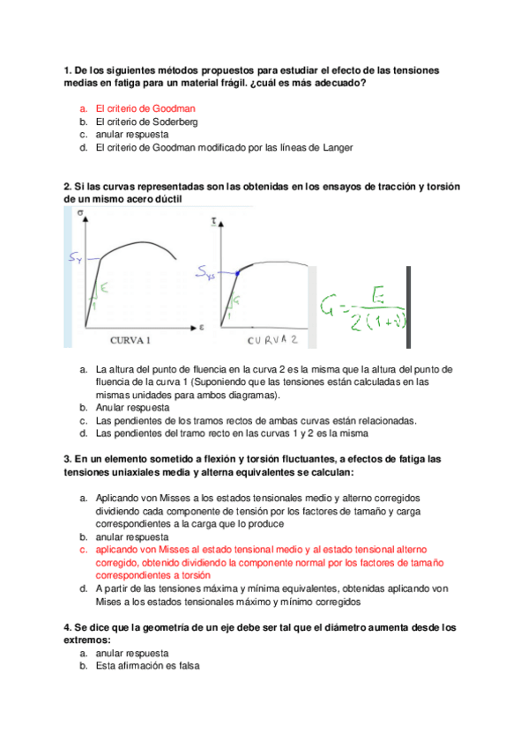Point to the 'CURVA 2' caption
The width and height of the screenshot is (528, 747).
(x=273, y=338)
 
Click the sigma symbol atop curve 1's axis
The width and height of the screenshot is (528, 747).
(x=82, y=214)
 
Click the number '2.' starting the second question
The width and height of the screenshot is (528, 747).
(x=68, y=187)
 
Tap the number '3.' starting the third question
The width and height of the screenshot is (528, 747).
(x=68, y=459)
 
